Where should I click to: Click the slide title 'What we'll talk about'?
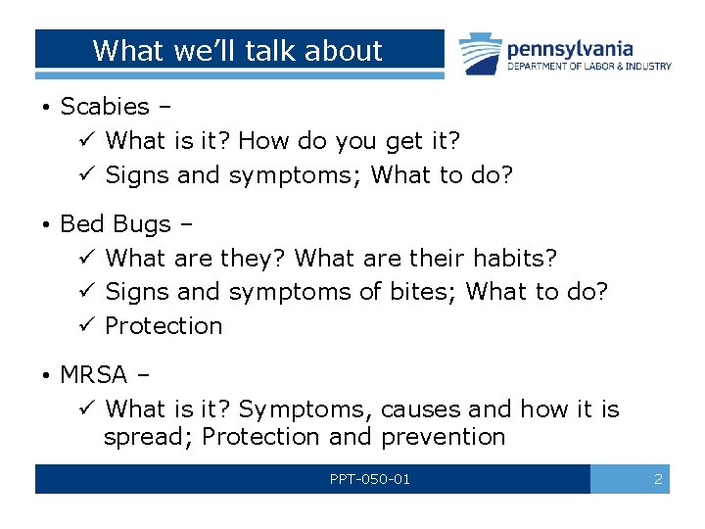tap(237, 50)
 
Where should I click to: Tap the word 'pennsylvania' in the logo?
tap(569, 48)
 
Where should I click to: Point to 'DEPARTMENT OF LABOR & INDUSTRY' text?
tap(588, 67)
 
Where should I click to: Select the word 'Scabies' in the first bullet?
tap(105, 106)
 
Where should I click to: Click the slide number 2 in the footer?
tap(658, 479)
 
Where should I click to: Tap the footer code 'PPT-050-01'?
tap(370, 479)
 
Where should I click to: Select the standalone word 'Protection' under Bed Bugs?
tap(164, 326)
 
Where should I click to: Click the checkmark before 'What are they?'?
tap(84, 259)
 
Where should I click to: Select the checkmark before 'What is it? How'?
tap(84, 141)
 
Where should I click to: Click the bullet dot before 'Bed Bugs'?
tap(46, 225)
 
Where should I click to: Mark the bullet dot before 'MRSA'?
tap(46, 375)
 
